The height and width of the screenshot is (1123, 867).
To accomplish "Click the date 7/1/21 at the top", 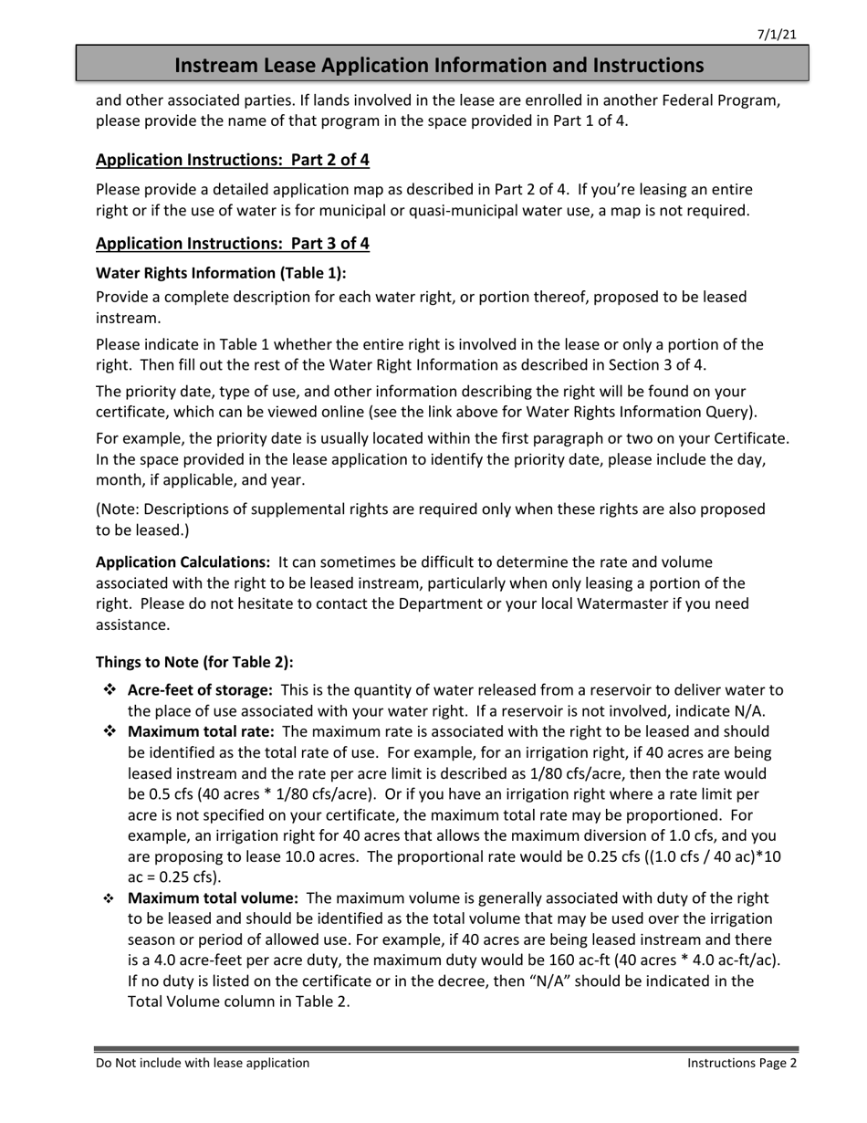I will coord(777,35).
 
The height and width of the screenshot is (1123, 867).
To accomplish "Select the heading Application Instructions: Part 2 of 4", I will coord(233,160).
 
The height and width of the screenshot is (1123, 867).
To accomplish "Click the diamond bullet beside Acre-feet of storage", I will coord(110,690).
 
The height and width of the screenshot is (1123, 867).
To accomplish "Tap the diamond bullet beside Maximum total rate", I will coord(110,731).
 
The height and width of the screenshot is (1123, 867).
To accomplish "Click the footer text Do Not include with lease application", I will coord(203,1063).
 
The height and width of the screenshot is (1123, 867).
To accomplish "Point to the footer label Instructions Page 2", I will coord(742,1063).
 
